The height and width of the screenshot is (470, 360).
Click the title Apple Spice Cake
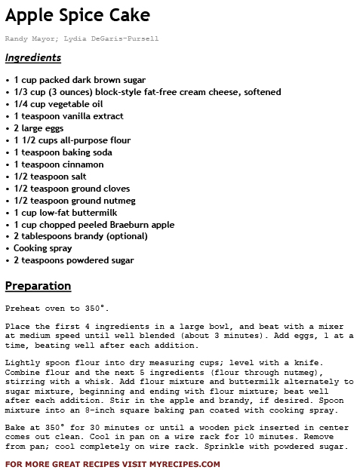(77, 15)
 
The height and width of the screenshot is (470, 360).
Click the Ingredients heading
(32, 58)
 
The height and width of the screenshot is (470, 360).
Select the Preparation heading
(38, 286)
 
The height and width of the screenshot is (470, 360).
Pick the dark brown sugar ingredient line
(79, 80)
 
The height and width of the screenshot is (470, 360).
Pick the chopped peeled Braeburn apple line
(94, 225)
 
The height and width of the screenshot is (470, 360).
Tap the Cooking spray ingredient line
(43, 248)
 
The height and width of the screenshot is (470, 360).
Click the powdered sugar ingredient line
(74, 260)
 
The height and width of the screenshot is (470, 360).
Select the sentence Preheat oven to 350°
(57, 309)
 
